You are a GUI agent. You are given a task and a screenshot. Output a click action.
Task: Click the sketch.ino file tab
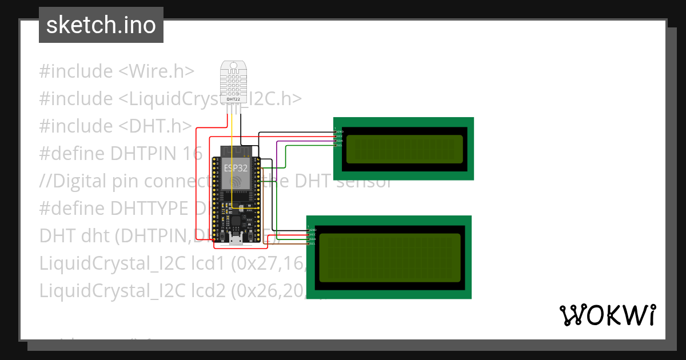click(101, 25)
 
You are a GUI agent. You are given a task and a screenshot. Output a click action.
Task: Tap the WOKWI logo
click(607, 315)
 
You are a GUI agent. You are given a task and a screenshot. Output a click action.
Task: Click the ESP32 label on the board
click(236, 167)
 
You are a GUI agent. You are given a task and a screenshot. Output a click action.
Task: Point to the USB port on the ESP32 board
click(236, 239)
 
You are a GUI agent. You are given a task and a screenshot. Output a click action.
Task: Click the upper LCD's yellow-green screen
click(404, 149)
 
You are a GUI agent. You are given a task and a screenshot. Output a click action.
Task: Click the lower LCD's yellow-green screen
click(389, 258)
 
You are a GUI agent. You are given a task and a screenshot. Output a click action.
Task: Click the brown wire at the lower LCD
click(292, 243)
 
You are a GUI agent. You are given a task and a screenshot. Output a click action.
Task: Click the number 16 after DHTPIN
click(193, 154)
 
